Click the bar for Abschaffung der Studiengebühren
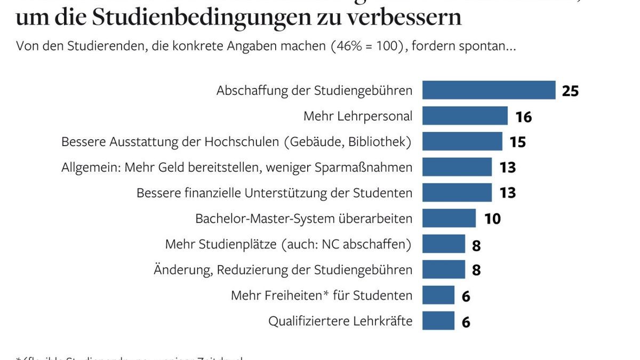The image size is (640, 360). [x=489, y=90]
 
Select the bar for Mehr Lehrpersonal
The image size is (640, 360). [x=465, y=116]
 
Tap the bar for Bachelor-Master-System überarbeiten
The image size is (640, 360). [x=449, y=218]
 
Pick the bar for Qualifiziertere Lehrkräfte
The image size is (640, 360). [x=438, y=321]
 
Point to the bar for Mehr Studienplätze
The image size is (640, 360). [x=443, y=244]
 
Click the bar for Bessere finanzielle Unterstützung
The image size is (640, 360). [x=457, y=193]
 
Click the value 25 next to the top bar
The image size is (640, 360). [x=570, y=91]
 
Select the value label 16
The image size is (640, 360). [x=524, y=117]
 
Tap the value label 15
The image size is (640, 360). [x=517, y=142]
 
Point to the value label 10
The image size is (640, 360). [x=492, y=219]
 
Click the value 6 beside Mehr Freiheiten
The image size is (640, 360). [x=466, y=296]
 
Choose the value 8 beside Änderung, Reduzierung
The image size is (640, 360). [x=476, y=270]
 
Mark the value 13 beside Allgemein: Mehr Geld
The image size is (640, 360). [x=507, y=167]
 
